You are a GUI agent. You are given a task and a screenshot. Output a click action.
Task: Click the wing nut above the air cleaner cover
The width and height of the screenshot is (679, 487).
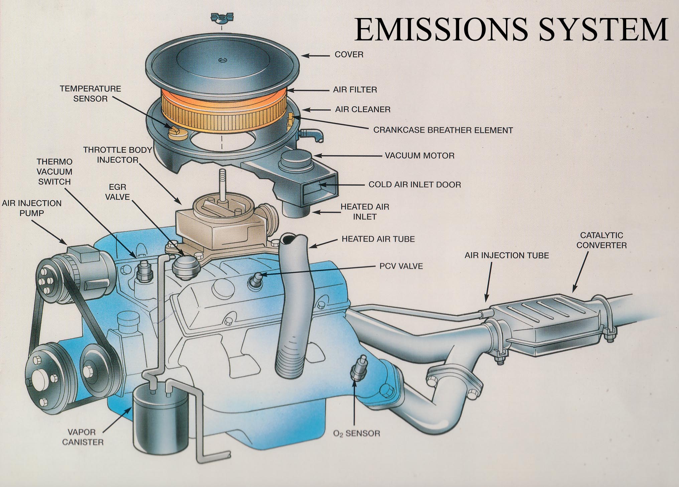coord(222,18)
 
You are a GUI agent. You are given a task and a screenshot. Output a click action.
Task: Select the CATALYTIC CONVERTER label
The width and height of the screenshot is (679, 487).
coord(601,240)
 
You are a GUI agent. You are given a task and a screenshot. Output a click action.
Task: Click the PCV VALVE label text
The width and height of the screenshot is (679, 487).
coord(401,266)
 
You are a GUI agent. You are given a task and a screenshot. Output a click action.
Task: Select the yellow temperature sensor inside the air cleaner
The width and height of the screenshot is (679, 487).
coord(176,132)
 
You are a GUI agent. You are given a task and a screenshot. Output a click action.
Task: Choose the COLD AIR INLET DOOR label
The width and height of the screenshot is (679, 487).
coord(414,184)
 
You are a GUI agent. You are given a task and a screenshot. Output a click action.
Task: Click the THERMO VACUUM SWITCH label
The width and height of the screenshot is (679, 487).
coord(54,172)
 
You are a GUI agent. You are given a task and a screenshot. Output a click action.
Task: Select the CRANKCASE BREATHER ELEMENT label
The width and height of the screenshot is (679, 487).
coord(443,130)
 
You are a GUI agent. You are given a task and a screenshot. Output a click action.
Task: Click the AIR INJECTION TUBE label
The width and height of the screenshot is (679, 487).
coord(507,256)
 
